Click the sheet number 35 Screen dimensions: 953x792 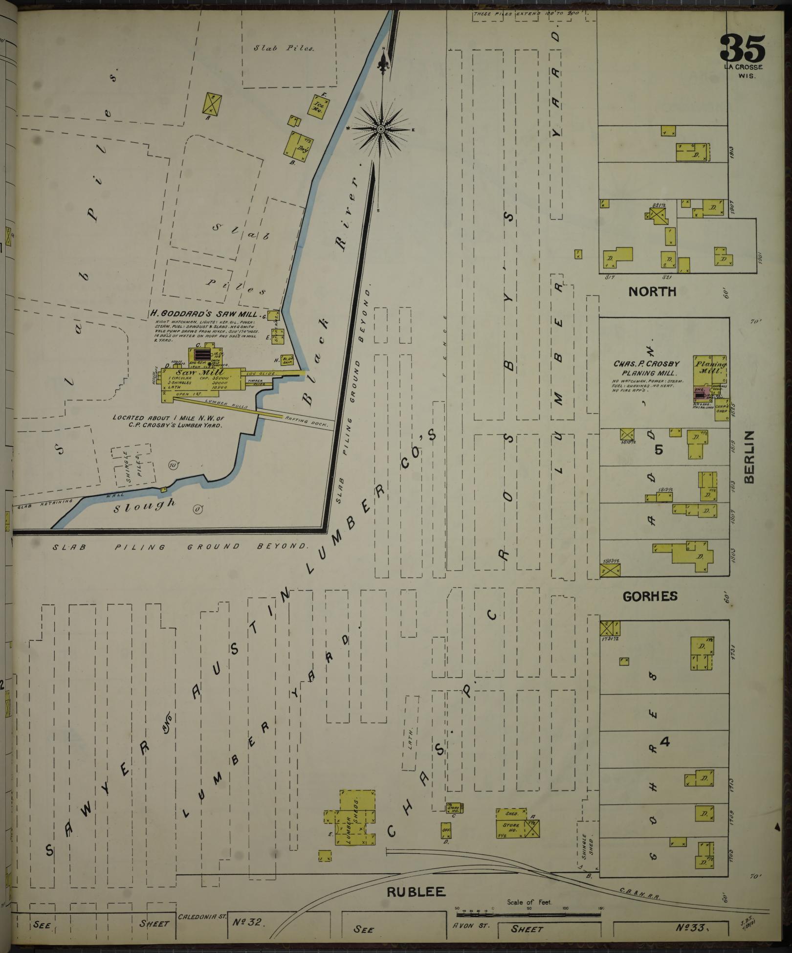point(742,48)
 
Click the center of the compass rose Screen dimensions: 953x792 point(381,129)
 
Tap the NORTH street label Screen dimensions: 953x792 point(652,292)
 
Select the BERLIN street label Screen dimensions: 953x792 point(750,457)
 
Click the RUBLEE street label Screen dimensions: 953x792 point(416,891)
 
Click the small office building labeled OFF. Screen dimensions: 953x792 point(446,830)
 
